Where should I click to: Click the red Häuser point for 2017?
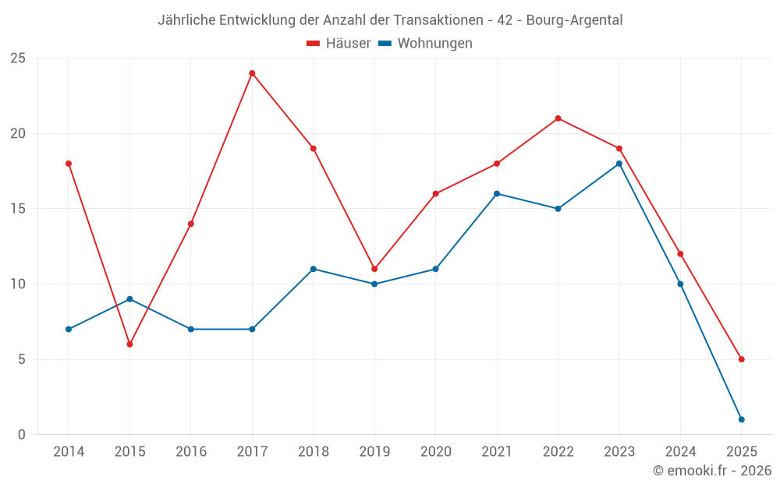click(252, 73)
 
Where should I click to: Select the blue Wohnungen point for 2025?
click(741, 419)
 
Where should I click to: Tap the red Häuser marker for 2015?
click(129, 344)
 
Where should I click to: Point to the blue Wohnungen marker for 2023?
click(619, 164)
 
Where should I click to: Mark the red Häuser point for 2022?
click(558, 118)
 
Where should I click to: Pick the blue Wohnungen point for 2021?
click(497, 193)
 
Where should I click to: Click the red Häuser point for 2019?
click(374, 269)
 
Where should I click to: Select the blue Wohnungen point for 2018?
click(313, 269)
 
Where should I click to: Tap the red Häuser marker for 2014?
click(69, 164)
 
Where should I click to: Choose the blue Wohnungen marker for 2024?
click(680, 284)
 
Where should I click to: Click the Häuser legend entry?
click(339, 44)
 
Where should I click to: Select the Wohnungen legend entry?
click(425, 44)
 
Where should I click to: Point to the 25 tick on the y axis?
click(18, 58)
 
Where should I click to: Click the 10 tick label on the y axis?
click(18, 284)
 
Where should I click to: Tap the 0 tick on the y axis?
click(22, 435)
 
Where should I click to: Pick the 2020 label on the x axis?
click(435, 452)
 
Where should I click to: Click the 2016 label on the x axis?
click(190, 452)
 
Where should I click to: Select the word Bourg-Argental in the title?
click(574, 20)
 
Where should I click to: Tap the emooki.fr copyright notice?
click(711, 471)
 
